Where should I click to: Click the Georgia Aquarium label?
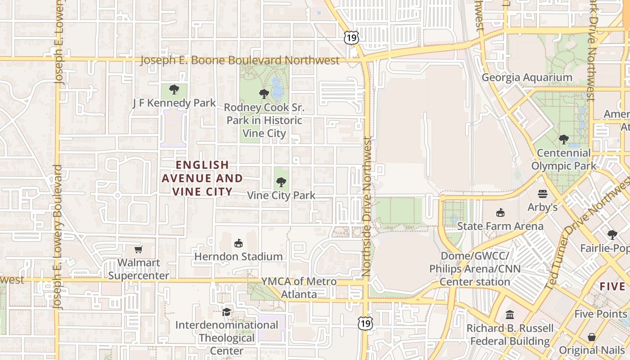pyautogui.click(x=527, y=77)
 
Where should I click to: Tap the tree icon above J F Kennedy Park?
pyautogui.click(x=174, y=90)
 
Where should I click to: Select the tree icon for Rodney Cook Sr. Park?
pyautogui.click(x=264, y=94)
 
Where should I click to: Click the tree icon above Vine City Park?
pyautogui.click(x=281, y=182)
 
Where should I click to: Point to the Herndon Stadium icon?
pyautogui.click(x=238, y=243)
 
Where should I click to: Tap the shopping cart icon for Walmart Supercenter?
pyautogui.click(x=139, y=249)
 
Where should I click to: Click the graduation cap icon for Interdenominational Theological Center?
pyautogui.click(x=227, y=311)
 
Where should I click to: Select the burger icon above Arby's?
pyautogui.click(x=543, y=194)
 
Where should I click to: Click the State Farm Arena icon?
pyautogui.click(x=500, y=212)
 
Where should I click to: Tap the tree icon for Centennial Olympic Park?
pyautogui.click(x=563, y=139)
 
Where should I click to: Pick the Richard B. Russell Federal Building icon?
pyautogui.click(x=510, y=315)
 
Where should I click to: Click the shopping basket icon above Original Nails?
pyautogui.click(x=592, y=337)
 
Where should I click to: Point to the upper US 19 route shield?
pyautogui.click(x=351, y=38)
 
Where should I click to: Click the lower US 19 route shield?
pyautogui.click(x=365, y=323)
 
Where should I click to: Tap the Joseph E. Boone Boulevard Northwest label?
pyautogui.click(x=239, y=60)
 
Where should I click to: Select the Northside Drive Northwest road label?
pyautogui.click(x=366, y=207)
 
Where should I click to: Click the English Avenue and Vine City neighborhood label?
pyautogui.click(x=202, y=178)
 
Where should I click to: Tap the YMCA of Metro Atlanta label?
pyautogui.click(x=299, y=288)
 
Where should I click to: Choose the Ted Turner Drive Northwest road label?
pyautogui.click(x=587, y=234)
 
